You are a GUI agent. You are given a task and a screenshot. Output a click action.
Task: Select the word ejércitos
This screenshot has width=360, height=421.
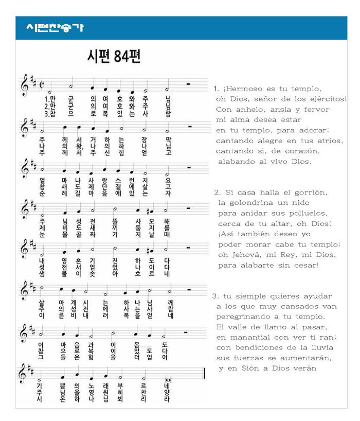(x=327, y=99)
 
